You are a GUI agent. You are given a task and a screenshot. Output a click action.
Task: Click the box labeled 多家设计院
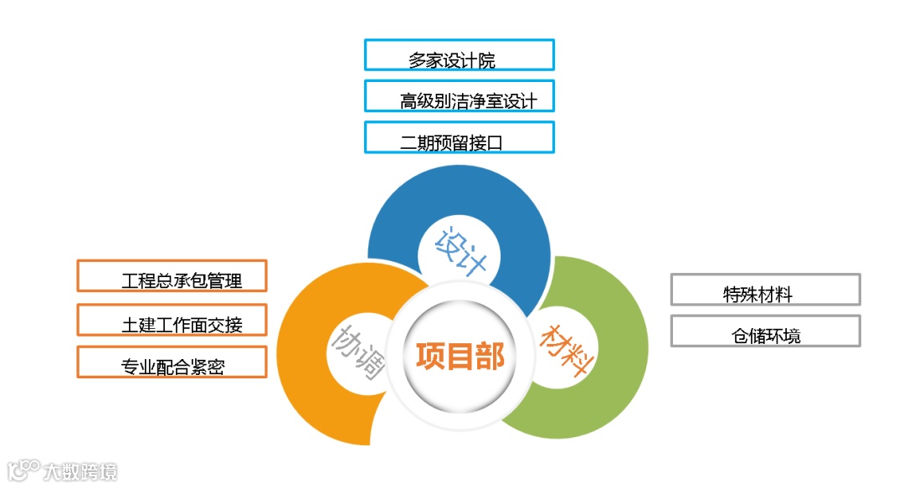[459, 54]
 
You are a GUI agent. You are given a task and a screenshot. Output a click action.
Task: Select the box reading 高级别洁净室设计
[459, 95]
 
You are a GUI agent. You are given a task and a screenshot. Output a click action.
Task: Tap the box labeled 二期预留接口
[459, 137]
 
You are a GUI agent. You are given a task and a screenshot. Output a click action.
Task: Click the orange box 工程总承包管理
[172, 275]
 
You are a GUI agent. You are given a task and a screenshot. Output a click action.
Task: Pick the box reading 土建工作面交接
[172, 319]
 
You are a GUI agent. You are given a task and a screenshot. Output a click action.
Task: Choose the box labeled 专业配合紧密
[172, 362]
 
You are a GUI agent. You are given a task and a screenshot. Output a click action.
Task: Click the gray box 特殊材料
[765, 290]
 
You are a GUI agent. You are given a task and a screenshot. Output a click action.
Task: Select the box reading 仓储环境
[765, 331]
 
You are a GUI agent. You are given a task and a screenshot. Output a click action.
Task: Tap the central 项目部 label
[460, 356]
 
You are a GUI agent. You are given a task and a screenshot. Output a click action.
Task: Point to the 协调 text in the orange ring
[361, 352]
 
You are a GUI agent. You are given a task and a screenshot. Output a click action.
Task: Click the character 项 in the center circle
[430, 356]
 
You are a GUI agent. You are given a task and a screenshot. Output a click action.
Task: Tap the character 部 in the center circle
[491, 356]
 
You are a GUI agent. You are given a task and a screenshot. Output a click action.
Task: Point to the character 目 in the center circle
[460, 356]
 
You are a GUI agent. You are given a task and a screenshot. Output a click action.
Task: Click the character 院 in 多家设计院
[485, 60]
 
